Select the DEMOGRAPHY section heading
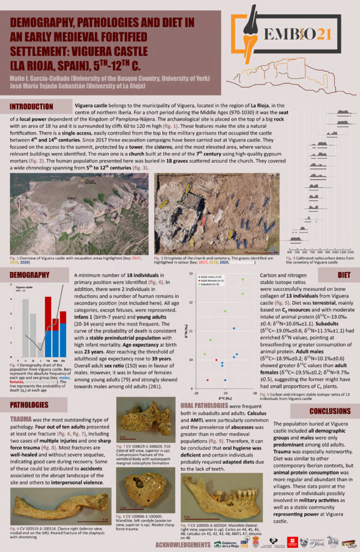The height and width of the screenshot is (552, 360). pyautogui.click(x=31, y=275)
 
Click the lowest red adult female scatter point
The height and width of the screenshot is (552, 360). pyautogui.click(x=208, y=380)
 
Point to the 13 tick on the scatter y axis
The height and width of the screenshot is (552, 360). pyautogui.click(x=192, y=274)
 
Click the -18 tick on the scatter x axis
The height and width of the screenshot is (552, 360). pyautogui.click(x=254, y=393)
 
